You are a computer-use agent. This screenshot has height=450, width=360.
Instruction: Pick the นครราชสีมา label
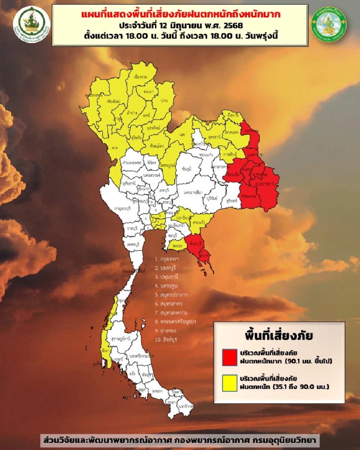point(193,192)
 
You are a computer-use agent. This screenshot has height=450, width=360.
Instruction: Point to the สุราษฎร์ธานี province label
point(121,338)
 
